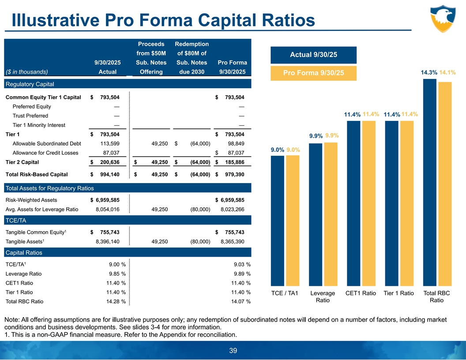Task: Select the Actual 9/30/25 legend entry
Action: point(313,55)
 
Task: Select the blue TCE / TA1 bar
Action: point(277,221)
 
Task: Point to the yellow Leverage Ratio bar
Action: point(331,214)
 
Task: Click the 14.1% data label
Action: point(448,72)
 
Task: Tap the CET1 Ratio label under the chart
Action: point(361,293)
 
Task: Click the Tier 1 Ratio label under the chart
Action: point(399,293)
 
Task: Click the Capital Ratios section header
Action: point(24,253)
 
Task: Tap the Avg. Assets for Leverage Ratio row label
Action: point(41,210)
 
